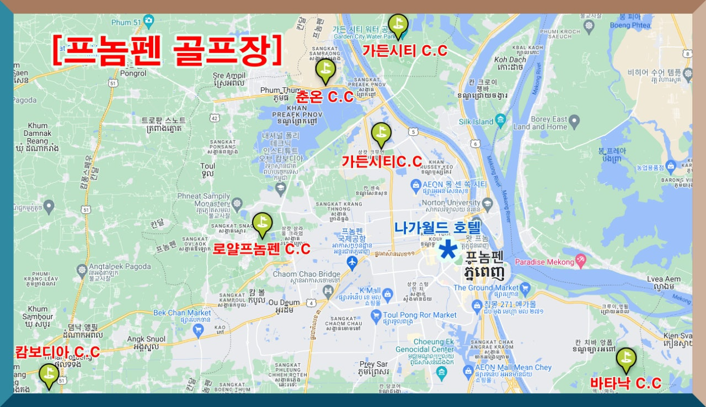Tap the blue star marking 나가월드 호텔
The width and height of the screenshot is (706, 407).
pos(447,250)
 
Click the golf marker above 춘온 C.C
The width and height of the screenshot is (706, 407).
pos(325,70)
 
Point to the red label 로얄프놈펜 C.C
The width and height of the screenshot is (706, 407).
pos(262,249)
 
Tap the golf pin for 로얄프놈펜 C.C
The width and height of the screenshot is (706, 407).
pos(262,223)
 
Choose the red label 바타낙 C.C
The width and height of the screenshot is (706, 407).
pos(625,383)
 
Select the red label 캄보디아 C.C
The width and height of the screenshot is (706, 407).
pos(57,352)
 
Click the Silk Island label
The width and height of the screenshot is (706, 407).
pos(475,121)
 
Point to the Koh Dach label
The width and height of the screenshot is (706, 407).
pos(510,60)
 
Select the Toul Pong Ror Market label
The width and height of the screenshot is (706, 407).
pos(420,315)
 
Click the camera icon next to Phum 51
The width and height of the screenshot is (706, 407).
pos(148,22)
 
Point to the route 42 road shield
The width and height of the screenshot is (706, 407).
pos(213,117)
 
